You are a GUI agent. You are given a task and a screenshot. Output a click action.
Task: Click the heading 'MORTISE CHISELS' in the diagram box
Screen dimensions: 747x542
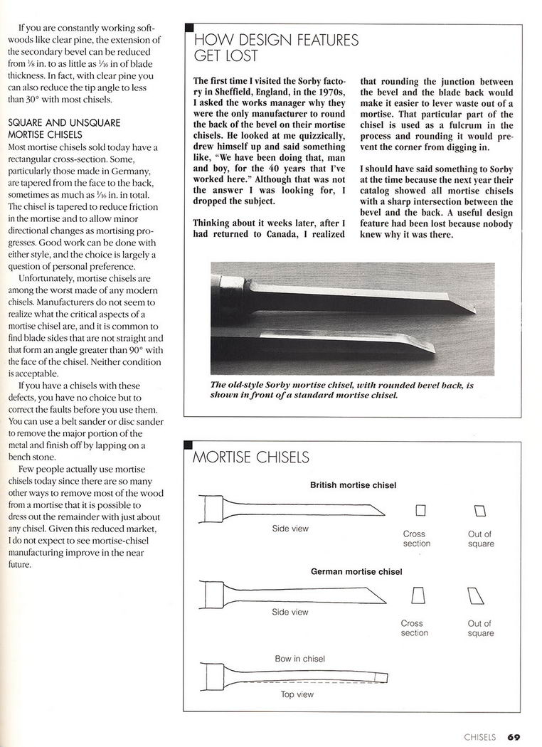251,457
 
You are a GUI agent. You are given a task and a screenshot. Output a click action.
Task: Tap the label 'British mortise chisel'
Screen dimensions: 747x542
353,485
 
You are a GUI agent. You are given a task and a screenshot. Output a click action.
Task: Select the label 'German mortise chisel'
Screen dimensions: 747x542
356,571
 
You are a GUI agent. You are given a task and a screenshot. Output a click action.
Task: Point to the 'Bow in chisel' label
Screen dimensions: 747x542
299,659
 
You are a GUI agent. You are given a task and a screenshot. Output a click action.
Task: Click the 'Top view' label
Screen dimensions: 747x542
297,694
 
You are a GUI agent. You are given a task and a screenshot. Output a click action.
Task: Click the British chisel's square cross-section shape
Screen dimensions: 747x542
420,510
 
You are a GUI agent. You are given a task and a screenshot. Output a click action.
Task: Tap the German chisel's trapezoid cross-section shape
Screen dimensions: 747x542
418,595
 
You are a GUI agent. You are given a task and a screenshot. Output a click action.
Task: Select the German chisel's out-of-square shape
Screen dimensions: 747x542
476,595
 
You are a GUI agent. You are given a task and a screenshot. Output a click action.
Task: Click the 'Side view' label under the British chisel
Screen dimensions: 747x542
290,529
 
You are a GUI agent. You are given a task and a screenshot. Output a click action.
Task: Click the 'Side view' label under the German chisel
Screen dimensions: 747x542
290,612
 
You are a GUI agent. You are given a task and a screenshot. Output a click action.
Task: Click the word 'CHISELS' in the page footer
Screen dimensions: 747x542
479,736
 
